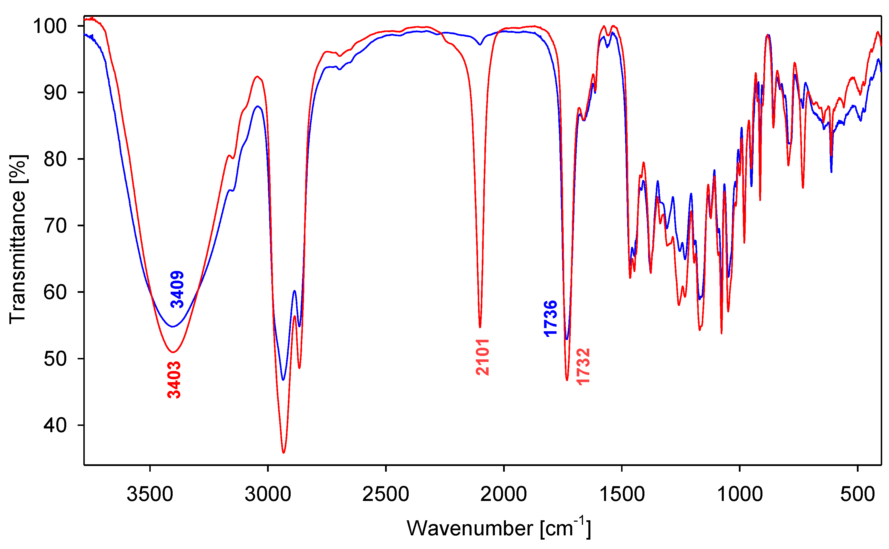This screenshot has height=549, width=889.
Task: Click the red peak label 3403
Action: [174, 380]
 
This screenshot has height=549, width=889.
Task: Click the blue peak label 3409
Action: [177, 289]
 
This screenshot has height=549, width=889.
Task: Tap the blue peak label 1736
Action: [551, 318]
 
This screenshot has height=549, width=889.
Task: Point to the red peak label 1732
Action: [584, 367]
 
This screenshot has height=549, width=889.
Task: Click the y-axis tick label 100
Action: [50, 26]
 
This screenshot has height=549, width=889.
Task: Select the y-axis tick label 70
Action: [55, 225]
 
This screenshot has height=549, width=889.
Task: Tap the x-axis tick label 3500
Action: [150, 494]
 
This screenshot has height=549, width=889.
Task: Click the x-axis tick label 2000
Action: [503, 494]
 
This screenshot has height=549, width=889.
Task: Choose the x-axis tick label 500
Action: [857, 494]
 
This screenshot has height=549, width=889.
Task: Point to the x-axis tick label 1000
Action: [740, 494]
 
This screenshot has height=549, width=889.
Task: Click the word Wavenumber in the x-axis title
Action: [470, 528]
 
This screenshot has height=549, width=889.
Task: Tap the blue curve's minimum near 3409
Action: [173, 326]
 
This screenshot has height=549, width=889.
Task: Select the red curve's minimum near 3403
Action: [173, 352]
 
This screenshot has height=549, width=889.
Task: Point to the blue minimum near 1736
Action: [567, 339]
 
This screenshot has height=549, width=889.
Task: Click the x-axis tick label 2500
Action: [386, 494]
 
